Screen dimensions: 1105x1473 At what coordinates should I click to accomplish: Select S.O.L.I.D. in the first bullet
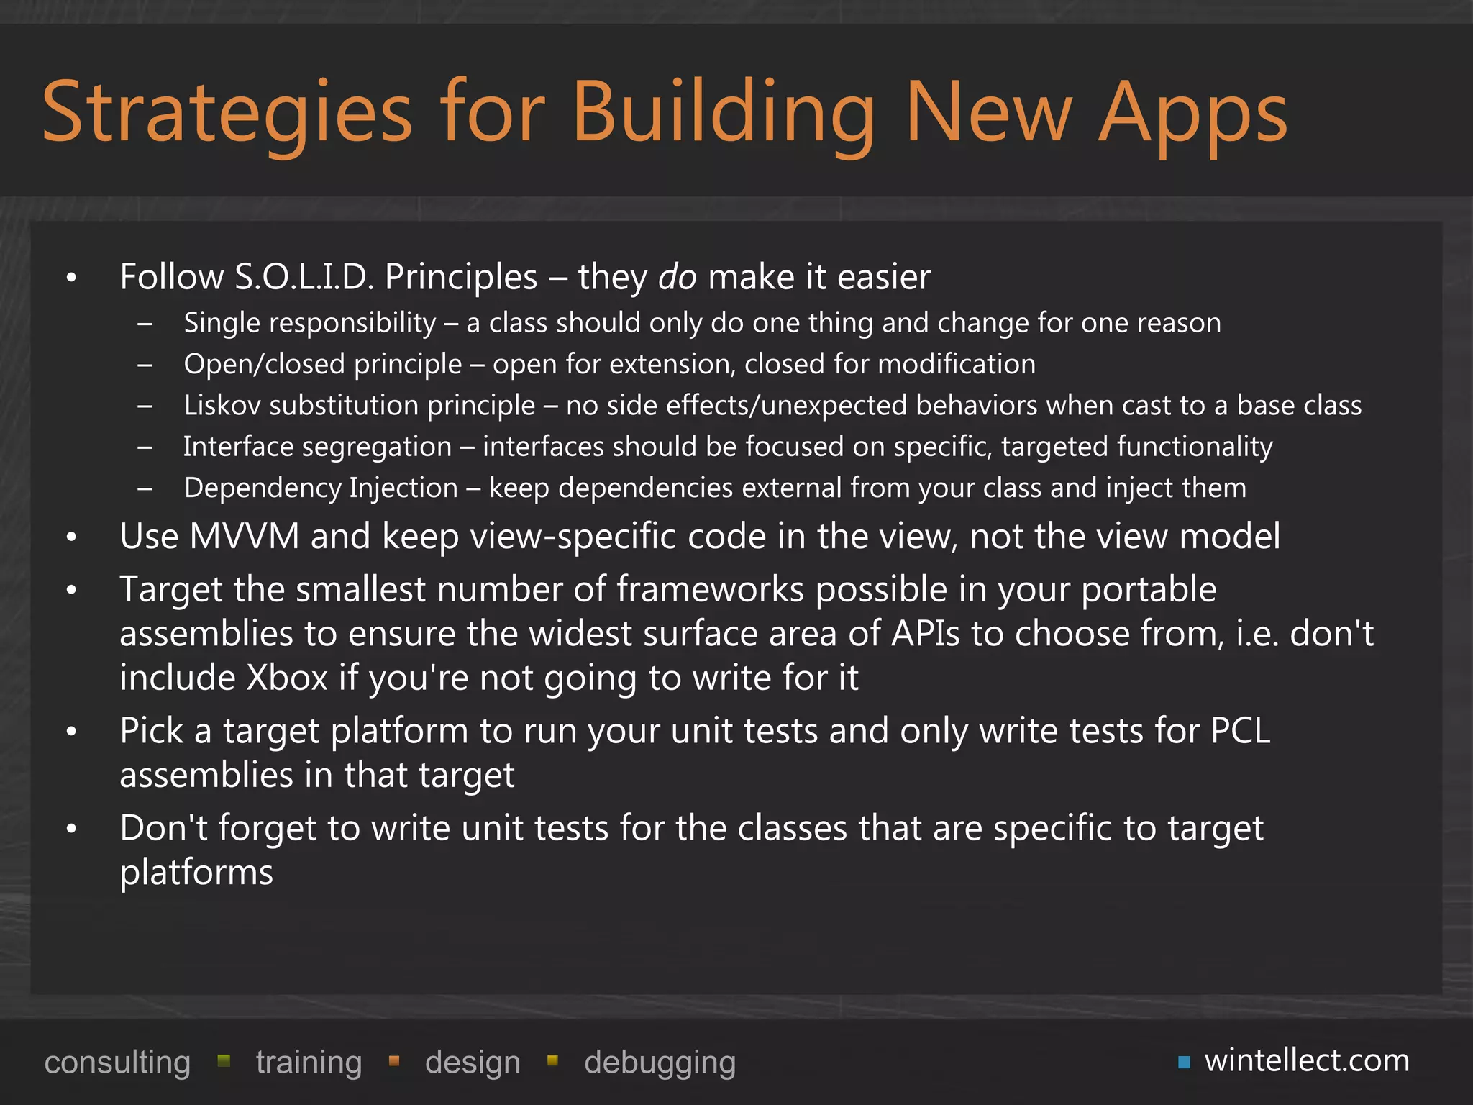304,277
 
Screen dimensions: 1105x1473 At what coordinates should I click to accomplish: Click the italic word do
677,277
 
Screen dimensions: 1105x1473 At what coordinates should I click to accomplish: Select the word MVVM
245,537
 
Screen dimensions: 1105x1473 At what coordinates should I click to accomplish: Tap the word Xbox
287,678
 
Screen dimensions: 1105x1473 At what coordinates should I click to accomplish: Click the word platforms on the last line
196,873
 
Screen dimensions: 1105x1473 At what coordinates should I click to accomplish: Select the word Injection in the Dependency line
403,488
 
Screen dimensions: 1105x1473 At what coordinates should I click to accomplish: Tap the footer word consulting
117,1063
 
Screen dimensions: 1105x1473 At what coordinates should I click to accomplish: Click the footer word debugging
660,1063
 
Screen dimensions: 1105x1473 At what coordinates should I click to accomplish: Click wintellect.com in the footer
1307,1061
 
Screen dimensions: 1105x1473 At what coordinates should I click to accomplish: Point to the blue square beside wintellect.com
1184,1063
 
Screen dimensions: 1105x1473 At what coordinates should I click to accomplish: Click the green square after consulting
224,1060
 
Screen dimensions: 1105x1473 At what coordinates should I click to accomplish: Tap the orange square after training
393,1060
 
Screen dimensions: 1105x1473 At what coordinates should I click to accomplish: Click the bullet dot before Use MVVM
70,537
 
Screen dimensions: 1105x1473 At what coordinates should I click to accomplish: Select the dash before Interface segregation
145,448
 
